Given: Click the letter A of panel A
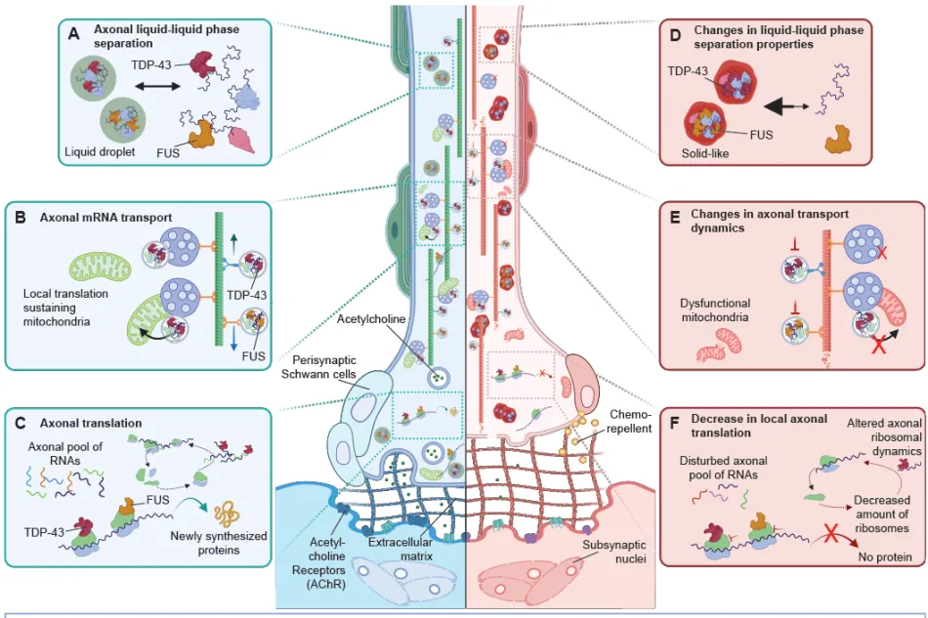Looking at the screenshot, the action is [73, 34].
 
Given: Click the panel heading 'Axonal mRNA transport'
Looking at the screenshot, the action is [105, 218].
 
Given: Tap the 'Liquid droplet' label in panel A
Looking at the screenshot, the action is [100, 152].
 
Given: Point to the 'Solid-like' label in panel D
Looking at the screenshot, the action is [705, 153].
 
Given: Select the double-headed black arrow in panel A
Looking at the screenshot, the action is [157, 86].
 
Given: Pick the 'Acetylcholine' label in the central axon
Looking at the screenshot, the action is [371, 319].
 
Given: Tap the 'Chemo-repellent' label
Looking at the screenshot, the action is [630, 421].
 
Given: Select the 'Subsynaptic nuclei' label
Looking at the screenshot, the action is [614, 552].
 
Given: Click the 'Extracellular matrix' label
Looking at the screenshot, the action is [401, 549].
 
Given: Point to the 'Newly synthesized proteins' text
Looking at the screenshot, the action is [219, 543].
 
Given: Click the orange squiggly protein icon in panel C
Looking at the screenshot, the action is [227, 514].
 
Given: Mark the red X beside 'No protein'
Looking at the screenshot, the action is [831, 535].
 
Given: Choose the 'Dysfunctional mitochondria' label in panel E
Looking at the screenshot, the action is [715, 309].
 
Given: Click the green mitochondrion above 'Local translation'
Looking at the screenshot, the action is [101, 268].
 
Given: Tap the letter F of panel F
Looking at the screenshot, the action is [674, 424].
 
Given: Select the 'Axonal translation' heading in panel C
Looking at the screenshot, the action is [91, 424].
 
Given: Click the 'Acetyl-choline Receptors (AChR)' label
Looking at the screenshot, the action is [326, 563].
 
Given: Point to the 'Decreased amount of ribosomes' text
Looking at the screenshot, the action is [882, 514].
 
